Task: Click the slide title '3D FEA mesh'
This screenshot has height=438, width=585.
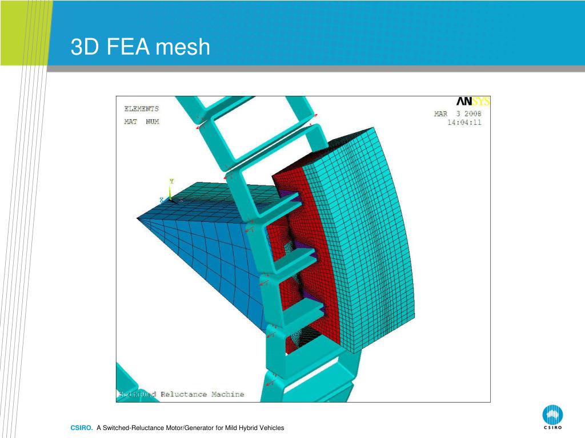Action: [141, 47]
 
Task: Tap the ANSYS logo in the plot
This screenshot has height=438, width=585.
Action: [473, 102]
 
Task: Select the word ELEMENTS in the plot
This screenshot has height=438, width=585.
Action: [142, 108]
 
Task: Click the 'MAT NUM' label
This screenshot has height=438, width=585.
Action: [142, 121]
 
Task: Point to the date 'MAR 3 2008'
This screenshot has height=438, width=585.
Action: [458, 113]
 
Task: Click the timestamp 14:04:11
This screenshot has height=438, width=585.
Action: [464, 122]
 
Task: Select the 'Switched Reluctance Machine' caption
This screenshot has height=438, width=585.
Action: [181, 394]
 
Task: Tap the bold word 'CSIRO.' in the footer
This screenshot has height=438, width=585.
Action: [82, 428]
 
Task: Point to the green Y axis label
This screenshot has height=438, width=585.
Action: [171, 181]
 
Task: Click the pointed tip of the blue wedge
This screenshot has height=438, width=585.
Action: [138, 217]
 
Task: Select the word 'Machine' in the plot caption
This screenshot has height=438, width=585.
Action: [227, 394]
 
